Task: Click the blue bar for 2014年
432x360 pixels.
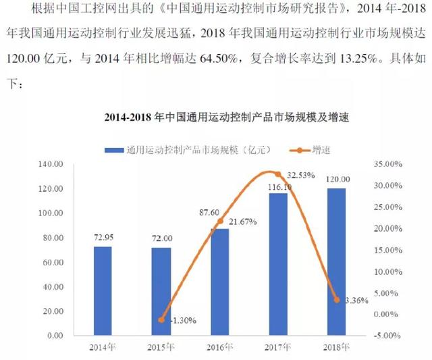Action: tap(103, 290)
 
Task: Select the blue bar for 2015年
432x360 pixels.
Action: tap(161, 291)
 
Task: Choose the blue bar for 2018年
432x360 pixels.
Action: tap(336, 262)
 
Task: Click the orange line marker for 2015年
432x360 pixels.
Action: tap(161, 319)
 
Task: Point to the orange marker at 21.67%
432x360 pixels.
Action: tap(219, 221)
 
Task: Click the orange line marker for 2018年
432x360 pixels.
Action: tap(336, 299)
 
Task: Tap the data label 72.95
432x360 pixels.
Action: tap(102, 238)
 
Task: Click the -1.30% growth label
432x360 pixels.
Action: tap(182, 321)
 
